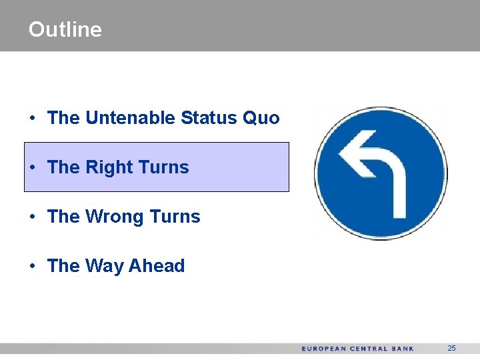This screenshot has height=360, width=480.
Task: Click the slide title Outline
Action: pos(65,29)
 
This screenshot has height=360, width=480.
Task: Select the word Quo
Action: pos(261,118)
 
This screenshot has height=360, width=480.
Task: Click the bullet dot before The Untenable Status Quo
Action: pos(32,119)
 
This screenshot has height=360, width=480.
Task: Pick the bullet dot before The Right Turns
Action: pos(32,168)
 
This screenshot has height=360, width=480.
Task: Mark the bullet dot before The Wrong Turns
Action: pos(32,217)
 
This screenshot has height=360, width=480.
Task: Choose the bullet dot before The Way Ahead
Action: pos(32,267)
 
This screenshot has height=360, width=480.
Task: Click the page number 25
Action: pos(451,349)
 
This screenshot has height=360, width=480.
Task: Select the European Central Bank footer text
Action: pos(357,349)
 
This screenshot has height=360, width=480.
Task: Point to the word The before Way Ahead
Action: pos(63,266)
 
